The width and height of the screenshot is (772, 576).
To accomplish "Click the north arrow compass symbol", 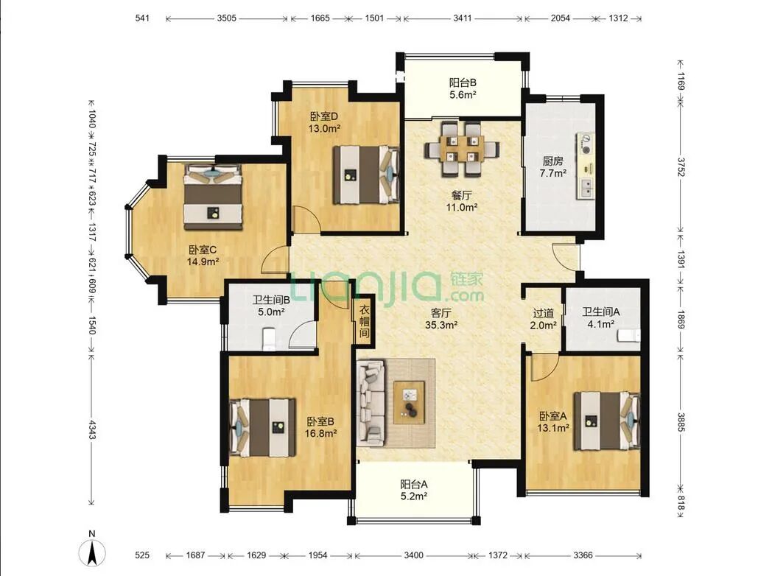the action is (x=92, y=552).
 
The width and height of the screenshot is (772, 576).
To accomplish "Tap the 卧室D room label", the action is (x=324, y=116).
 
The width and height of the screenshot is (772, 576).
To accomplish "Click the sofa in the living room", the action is (x=371, y=401).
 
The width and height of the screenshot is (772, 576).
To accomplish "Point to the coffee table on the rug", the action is (x=409, y=402).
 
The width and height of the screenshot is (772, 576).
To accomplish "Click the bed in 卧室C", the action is (x=213, y=197).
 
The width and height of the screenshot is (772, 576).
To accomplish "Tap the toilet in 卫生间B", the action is (x=269, y=340).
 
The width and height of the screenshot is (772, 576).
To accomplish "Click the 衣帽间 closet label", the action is (x=364, y=321).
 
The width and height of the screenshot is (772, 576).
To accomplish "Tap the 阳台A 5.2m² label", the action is (x=413, y=491).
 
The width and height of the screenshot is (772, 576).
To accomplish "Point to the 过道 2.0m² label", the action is (x=544, y=319).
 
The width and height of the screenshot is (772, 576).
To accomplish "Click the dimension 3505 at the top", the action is (x=226, y=18).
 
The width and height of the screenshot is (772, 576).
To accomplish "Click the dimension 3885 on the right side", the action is (x=681, y=422).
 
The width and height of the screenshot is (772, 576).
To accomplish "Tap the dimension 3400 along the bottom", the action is (x=413, y=555).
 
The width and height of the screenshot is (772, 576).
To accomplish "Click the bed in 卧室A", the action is (x=607, y=421).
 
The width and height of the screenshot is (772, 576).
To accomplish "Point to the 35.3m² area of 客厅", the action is (x=442, y=325).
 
